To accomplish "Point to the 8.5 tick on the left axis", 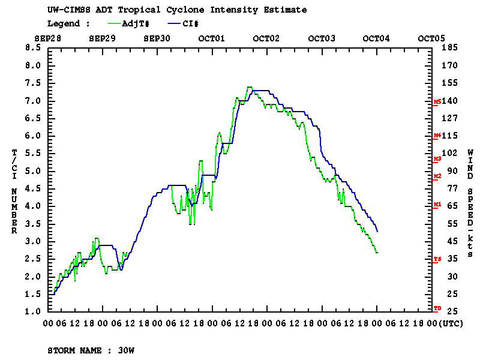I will pyautogui.click(x=32, y=47).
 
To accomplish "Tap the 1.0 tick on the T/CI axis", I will pyautogui.click(x=32, y=311).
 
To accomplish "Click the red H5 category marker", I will pyautogui.click(x=437, y=102).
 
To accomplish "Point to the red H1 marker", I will pyautogui.click(x=437, y=205).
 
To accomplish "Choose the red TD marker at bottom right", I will pyautogui.click(x=437, y=308).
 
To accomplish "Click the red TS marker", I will pyautogui.click(x=437, y=259).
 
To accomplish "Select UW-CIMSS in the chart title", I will pyautogui.click(x=67, y=10).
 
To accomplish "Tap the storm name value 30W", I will pyautogui.click(x=125, y=349).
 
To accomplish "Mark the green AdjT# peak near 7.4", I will pyautogui.click(x=249, y=87).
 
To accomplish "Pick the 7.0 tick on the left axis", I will pyautogui.click(x=32, y=100).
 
